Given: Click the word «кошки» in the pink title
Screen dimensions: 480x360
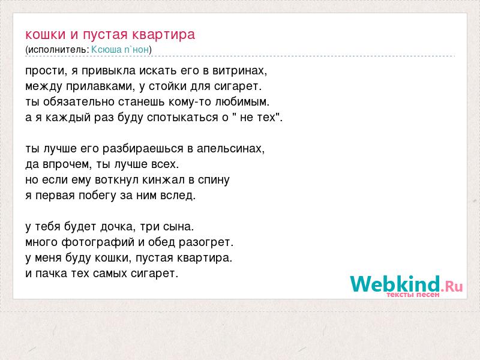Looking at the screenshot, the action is (46, 34).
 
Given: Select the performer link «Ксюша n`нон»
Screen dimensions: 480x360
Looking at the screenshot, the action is (120, 50).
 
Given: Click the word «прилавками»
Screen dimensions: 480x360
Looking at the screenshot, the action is (100, 86).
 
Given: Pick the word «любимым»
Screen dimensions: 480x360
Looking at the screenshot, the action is (242, 101).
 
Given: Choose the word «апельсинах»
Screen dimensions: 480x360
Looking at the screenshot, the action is (230, 149).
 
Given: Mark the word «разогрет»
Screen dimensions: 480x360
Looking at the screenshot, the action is (206, 242).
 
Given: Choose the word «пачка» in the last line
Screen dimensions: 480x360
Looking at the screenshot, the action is (51, 274).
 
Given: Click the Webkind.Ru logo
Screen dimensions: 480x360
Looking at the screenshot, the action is (406, 284).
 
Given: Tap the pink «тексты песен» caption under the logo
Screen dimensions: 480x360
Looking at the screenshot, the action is (413, 295).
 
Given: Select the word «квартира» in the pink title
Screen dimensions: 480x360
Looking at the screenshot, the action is (163, 35).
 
